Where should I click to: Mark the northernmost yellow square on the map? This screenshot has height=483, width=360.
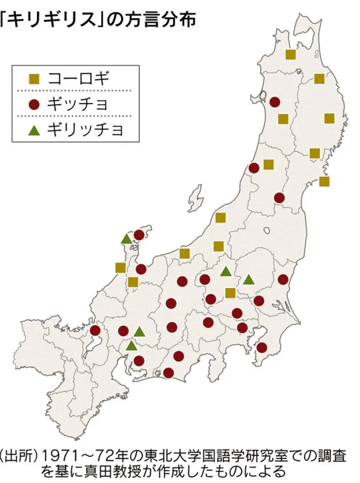pyautogui.click(x=290, y=54)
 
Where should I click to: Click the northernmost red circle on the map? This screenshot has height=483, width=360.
pyautogui.click(x=275, y=102)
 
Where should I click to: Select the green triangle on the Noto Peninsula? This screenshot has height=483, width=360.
pyautogui.click(x=126, y=239)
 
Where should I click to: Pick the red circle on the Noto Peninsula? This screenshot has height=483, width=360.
pyautogui.click(x=139, y=235)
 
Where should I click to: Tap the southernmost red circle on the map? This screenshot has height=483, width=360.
pyautogui.click(x=168, y=373)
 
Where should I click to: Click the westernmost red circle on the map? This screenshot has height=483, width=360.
pyautogui.click(x=95, y=330)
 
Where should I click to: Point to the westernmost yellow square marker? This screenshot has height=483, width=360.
pyautogui.click(x=120, y=268)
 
